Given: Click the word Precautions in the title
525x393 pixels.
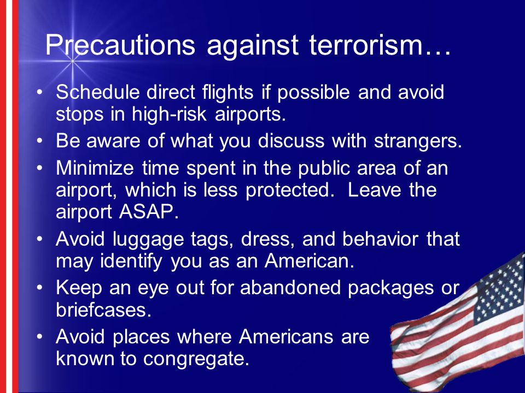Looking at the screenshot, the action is [120, 45].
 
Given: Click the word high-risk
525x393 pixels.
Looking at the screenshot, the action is [169, 114].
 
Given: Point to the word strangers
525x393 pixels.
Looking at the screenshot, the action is [418, 141].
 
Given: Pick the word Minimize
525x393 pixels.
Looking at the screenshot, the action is [95, 168].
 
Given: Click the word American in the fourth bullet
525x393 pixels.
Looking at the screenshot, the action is [310, 261].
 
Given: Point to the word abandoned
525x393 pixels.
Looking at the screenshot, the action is [290, 288].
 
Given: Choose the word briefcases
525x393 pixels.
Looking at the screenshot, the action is [104, 309].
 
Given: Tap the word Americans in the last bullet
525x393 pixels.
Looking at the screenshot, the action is [286, 336].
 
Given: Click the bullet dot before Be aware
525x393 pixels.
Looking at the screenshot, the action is [40, 141].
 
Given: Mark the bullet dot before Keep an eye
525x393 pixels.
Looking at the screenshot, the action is [40, 288].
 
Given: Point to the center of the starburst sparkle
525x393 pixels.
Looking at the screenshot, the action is [72, 61].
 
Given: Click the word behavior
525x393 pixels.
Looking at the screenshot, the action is [380, 239].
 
